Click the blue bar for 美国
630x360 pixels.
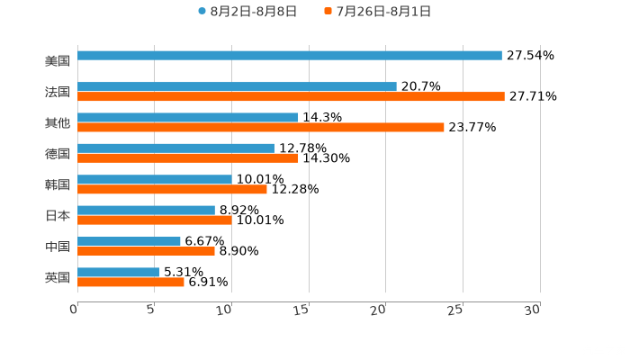click(x=290, y=56)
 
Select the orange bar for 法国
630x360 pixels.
click(x=291, y=96)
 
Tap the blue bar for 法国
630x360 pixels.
click(x=237, y=86)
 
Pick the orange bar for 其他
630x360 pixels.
click(x=261, y=127)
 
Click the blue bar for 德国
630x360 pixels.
click(x=175, y=148)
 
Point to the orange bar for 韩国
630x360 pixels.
click(x=172, y=189)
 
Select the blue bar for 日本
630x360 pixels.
click(x=146, y=210)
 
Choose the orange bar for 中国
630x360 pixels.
click(x=146, y=251)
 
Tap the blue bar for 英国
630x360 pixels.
click(x=118, y=272)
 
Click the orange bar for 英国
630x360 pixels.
click(x=130, y=282)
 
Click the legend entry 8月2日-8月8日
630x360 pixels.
click(x=247, y=12)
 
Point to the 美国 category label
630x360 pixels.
click(x=58, y=61)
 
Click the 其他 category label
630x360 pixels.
click(x=58, y=122)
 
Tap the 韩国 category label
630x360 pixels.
click(x=58, y=184)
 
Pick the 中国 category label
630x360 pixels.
click(x=58, y=247)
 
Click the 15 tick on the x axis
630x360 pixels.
click(x=304, y=309)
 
